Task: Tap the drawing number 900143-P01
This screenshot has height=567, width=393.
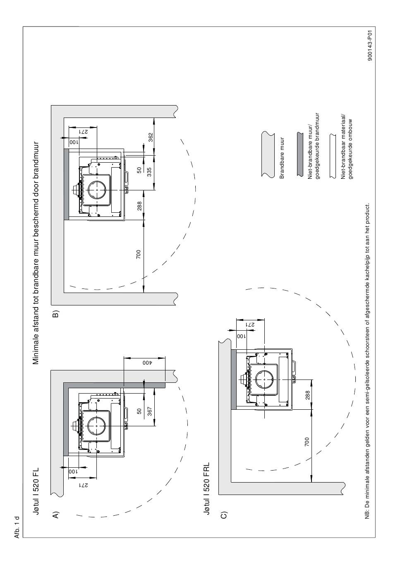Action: pos(370,46)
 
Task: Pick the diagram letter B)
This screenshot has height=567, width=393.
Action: pos(55,314)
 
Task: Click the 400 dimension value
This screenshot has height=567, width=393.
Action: pos(147,363)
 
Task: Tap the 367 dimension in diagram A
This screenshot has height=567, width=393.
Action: pos(150,411)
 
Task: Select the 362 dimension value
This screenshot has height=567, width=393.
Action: pos(150,137)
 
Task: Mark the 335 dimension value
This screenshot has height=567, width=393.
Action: pos(149,172)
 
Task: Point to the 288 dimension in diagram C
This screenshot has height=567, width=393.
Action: pos(307,395)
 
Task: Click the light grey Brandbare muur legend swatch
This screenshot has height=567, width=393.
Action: pos(268,154)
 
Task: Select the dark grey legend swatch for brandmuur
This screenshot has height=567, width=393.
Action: pos(300,154)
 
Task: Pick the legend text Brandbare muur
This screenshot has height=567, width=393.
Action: pos(282,158)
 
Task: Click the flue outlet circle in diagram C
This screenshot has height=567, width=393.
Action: pos(264,380)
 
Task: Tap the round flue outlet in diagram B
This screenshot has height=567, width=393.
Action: pos(97,190)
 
